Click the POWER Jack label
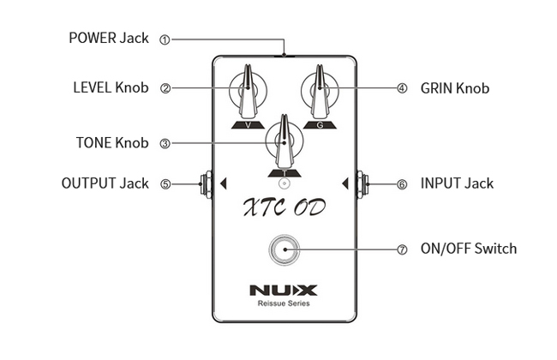coord(108,39)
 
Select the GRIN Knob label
coord(455,87)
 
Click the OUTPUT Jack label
coord(105,183)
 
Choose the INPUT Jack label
coord(457,183)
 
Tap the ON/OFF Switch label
coord(469,249)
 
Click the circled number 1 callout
coord(165,39)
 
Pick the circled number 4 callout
coord(402,87)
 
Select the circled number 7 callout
coord(402,249)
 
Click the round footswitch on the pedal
coord(284,249)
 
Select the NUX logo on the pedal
coord(284,291)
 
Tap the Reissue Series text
coord(284,304)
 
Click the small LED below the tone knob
coord(284,183)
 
